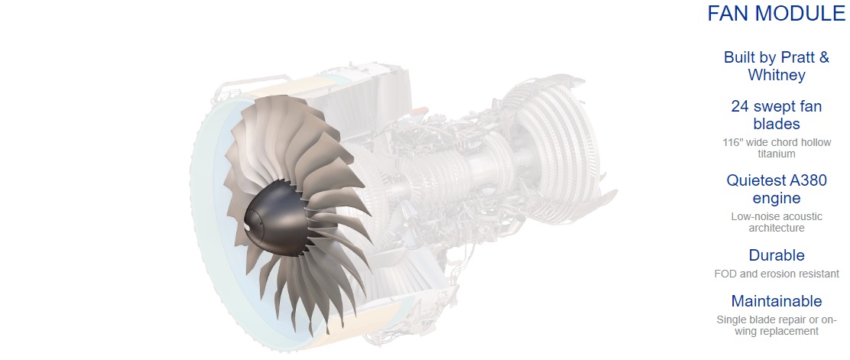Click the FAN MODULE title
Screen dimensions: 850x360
(x=777, y=14)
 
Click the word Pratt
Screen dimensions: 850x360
(x=798, y=57)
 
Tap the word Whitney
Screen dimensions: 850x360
(x=777, y=76)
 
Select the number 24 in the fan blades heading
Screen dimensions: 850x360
(x=740, y=107)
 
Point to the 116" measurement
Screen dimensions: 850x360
(x=734, y=143)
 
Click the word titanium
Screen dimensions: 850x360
(x=777, y=154)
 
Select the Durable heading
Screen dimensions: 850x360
(x=777, y=255)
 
